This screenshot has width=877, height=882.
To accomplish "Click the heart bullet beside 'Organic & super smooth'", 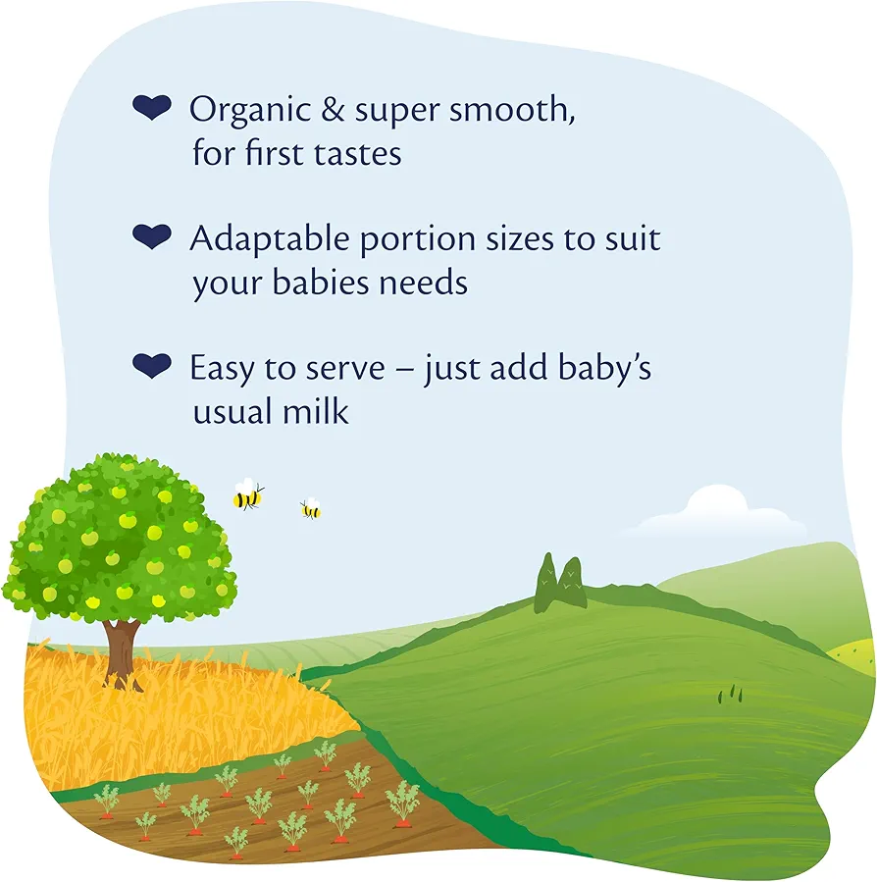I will pos(151,109).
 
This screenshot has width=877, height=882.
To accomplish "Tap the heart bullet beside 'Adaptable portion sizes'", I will pos(151,236).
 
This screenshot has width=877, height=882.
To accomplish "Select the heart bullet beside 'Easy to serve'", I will pos(151,366).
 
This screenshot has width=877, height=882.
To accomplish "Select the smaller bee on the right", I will pos(311,509).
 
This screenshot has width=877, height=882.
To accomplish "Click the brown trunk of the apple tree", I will pos(122,651).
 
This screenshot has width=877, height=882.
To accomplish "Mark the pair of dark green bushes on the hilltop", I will pos(559,583).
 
